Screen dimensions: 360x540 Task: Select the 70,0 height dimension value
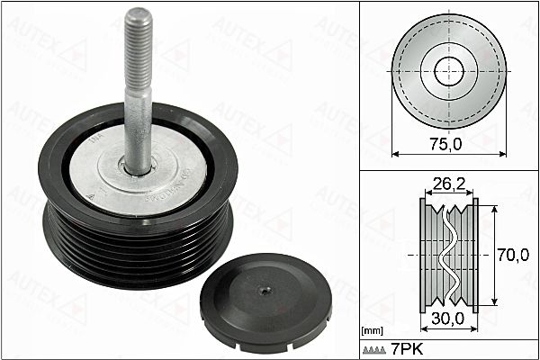pyautogui.click(x=513, y=255)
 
